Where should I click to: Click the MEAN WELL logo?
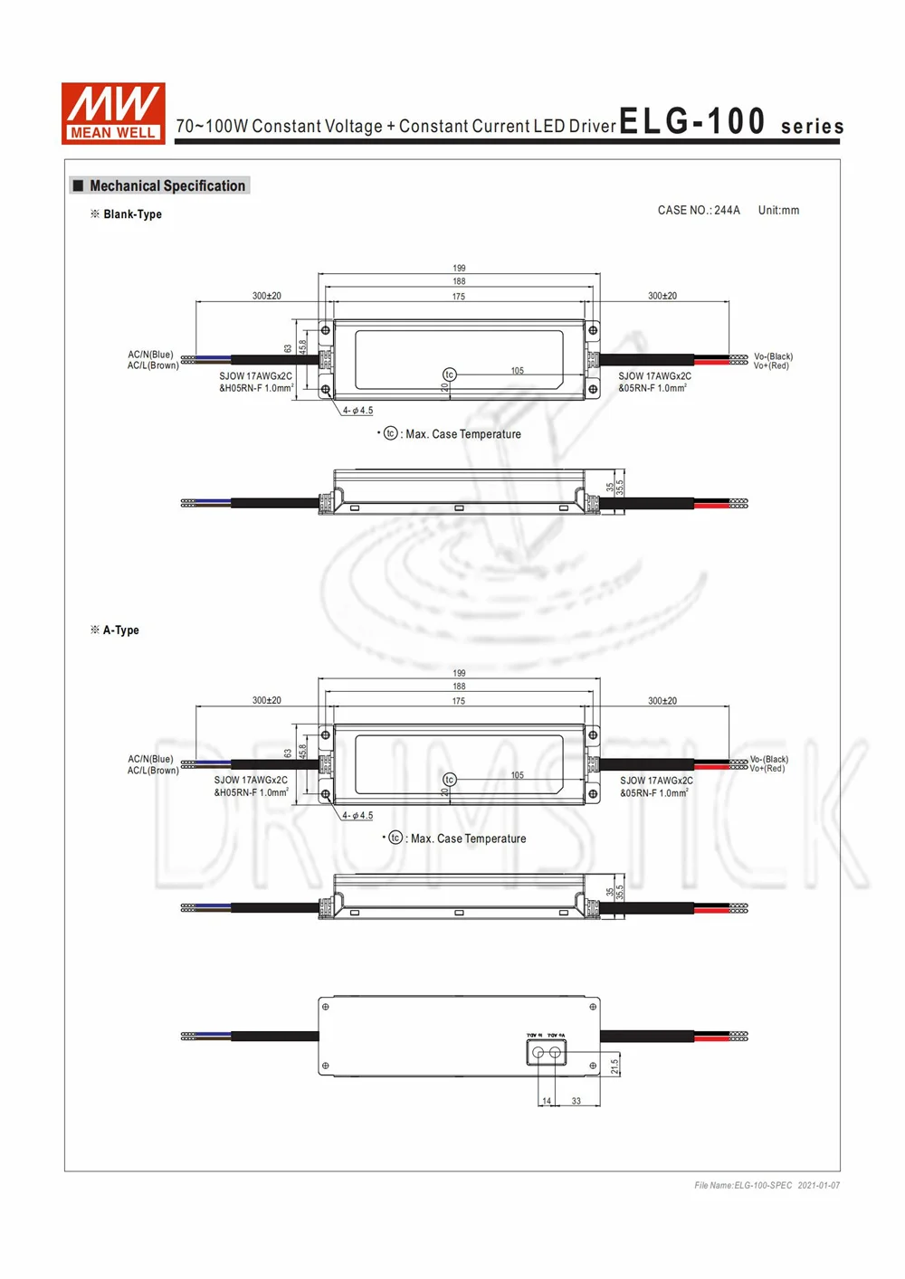coord(113,113)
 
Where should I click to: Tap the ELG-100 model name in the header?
coord(692,121)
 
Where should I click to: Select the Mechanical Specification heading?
coord(167,185)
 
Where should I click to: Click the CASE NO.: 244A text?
coord(698,210)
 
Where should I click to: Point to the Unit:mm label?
coord(778,210)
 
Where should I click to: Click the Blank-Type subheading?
coord(132,214)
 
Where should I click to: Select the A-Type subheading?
coord(120,630)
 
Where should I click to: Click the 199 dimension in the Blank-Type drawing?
coord(459,269)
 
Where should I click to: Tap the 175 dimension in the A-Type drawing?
coord(459,701)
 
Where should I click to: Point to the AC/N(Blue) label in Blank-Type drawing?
coord(150,355)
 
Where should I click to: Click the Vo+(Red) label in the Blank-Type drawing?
coord(771,365)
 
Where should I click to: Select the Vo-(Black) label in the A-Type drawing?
coord(769,759)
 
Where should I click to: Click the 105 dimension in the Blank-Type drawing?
coord(517,371)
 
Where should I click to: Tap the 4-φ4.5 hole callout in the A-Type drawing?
coord(357,815)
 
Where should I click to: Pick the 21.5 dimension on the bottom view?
coord(614,1066)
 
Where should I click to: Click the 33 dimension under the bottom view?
coord(576,1101)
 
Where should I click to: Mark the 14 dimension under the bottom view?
coord(547,1101)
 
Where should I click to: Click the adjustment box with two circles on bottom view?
coord(546,1052)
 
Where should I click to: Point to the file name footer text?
coord(767,1185)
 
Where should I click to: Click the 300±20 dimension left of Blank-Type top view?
coord(266,296)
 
